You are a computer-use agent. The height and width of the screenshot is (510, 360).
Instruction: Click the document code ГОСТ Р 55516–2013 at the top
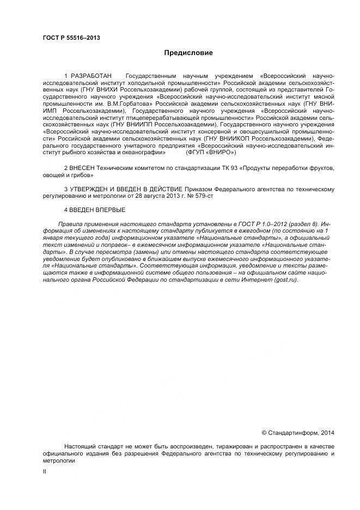[x=71, y=38]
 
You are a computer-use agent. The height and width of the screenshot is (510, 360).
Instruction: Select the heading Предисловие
[x=188, y=53]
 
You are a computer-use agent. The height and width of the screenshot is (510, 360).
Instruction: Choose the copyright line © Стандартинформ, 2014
[x=298, y=433]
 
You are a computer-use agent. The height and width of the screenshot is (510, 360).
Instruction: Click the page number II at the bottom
[x=45, y=471]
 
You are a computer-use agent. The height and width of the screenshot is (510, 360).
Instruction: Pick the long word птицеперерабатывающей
[x=177, y=117]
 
